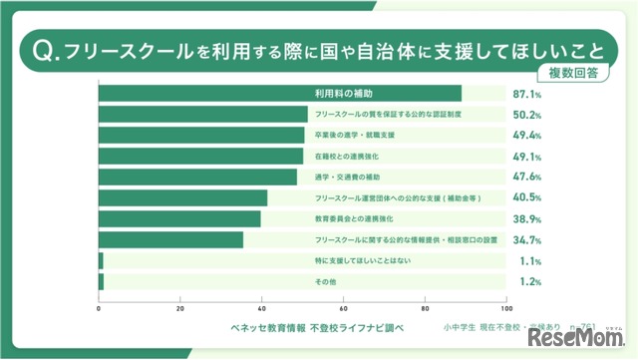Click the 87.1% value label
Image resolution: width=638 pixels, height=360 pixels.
click(526, 94)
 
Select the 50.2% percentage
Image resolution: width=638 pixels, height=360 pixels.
click(526, 115)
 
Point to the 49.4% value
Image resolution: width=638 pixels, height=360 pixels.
click(526, 136)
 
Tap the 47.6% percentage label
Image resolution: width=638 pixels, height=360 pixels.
click(526, 178)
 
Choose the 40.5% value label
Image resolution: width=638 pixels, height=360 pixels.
click(526, 198)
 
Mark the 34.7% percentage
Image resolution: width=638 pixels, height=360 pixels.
click(526, 240)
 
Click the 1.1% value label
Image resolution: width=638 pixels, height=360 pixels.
click(529, 261)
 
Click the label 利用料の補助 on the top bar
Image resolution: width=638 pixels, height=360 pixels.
click(344, 94)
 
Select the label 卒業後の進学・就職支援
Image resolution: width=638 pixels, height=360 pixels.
click(354, 136)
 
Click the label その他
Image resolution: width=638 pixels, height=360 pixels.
click(325, 282)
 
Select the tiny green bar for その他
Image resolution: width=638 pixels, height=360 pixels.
click(101, 282)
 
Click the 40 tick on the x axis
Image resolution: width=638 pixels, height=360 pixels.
click(262, 308)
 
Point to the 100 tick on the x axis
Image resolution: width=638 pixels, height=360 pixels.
click(506, 308)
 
